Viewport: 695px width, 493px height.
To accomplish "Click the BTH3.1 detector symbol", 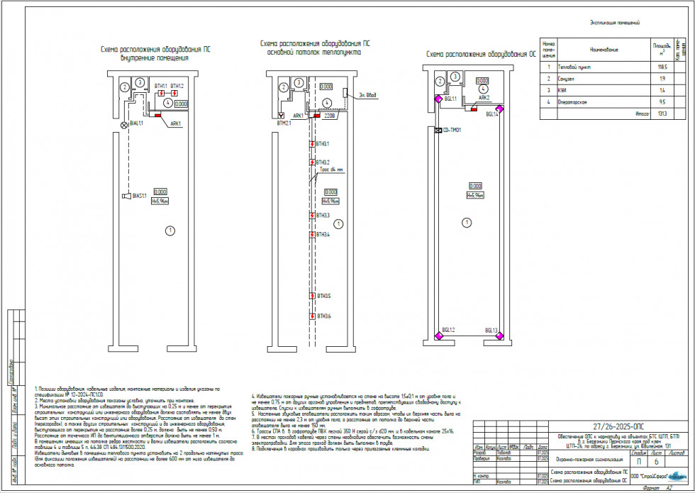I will tap(313, 144).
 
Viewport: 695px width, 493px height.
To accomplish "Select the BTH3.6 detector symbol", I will tap(313, 316).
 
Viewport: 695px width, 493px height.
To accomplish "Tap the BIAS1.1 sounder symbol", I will tap(125, 196).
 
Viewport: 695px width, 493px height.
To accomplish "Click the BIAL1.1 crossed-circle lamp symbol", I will tap(126, 124).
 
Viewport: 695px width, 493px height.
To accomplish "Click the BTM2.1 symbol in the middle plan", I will tap(283, 114).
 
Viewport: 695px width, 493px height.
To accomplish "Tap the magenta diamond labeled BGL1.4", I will tap(499, 109).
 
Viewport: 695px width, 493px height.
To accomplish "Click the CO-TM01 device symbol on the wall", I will tap(438, 130).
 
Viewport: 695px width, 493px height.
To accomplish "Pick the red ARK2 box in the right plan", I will tap(472, 109).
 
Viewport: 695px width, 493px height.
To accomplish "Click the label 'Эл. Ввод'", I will tap(368, 94).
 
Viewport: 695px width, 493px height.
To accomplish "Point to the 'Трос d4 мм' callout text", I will tap(330, 170).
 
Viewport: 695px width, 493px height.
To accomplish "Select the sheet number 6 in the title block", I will tap(656, 462).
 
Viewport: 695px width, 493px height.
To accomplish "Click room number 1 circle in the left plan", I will tap(169, 230).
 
